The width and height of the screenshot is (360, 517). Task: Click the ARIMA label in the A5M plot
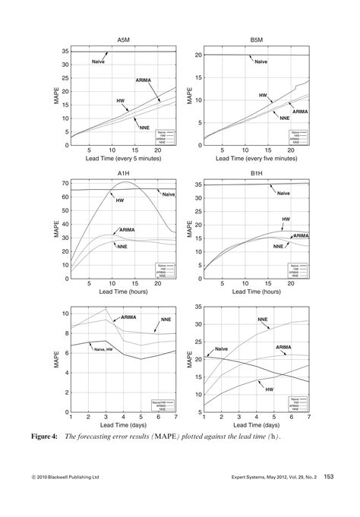coord(144,80)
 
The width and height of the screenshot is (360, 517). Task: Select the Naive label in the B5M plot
coord(261,61)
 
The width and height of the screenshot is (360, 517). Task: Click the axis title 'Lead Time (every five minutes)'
coord(256,159)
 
